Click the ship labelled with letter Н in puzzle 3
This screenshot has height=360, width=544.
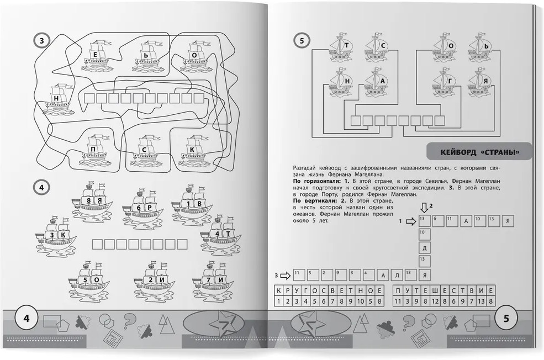tap(56, 99)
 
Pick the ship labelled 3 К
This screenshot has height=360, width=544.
tap(56, 235)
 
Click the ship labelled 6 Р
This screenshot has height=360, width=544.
tap(142, 208)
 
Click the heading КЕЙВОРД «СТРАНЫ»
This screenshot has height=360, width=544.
tap(480, 152)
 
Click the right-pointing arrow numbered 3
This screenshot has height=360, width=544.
tap(285, 276)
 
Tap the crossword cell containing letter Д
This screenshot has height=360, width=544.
tap(425, 248)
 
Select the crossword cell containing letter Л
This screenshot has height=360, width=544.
tap(397, 276)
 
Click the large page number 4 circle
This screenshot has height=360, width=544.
tap(27, 318)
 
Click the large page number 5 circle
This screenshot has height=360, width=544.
tap(506, 318)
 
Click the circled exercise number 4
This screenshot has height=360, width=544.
tap(42, 188)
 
